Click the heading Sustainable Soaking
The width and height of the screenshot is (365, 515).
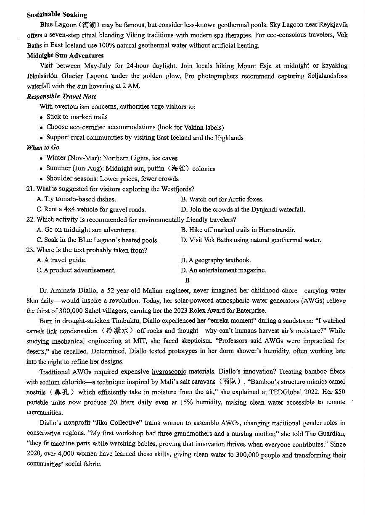(57, 15)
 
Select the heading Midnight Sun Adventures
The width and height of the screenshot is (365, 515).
(65, 55)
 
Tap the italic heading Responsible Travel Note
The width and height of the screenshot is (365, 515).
(61, 97)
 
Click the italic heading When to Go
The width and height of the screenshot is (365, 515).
(43, 147)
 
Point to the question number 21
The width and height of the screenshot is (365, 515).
(30, 189)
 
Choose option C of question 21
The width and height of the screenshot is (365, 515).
(91, 209)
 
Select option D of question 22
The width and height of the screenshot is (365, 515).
(251, 240)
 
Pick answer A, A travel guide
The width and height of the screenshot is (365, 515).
(61, 260)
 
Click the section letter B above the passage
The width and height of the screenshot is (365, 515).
(187, 280)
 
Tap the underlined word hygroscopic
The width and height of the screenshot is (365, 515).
(169, 371)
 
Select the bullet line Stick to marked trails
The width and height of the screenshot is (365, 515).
(77, 117)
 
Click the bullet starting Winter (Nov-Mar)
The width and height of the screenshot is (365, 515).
(111, 158)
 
